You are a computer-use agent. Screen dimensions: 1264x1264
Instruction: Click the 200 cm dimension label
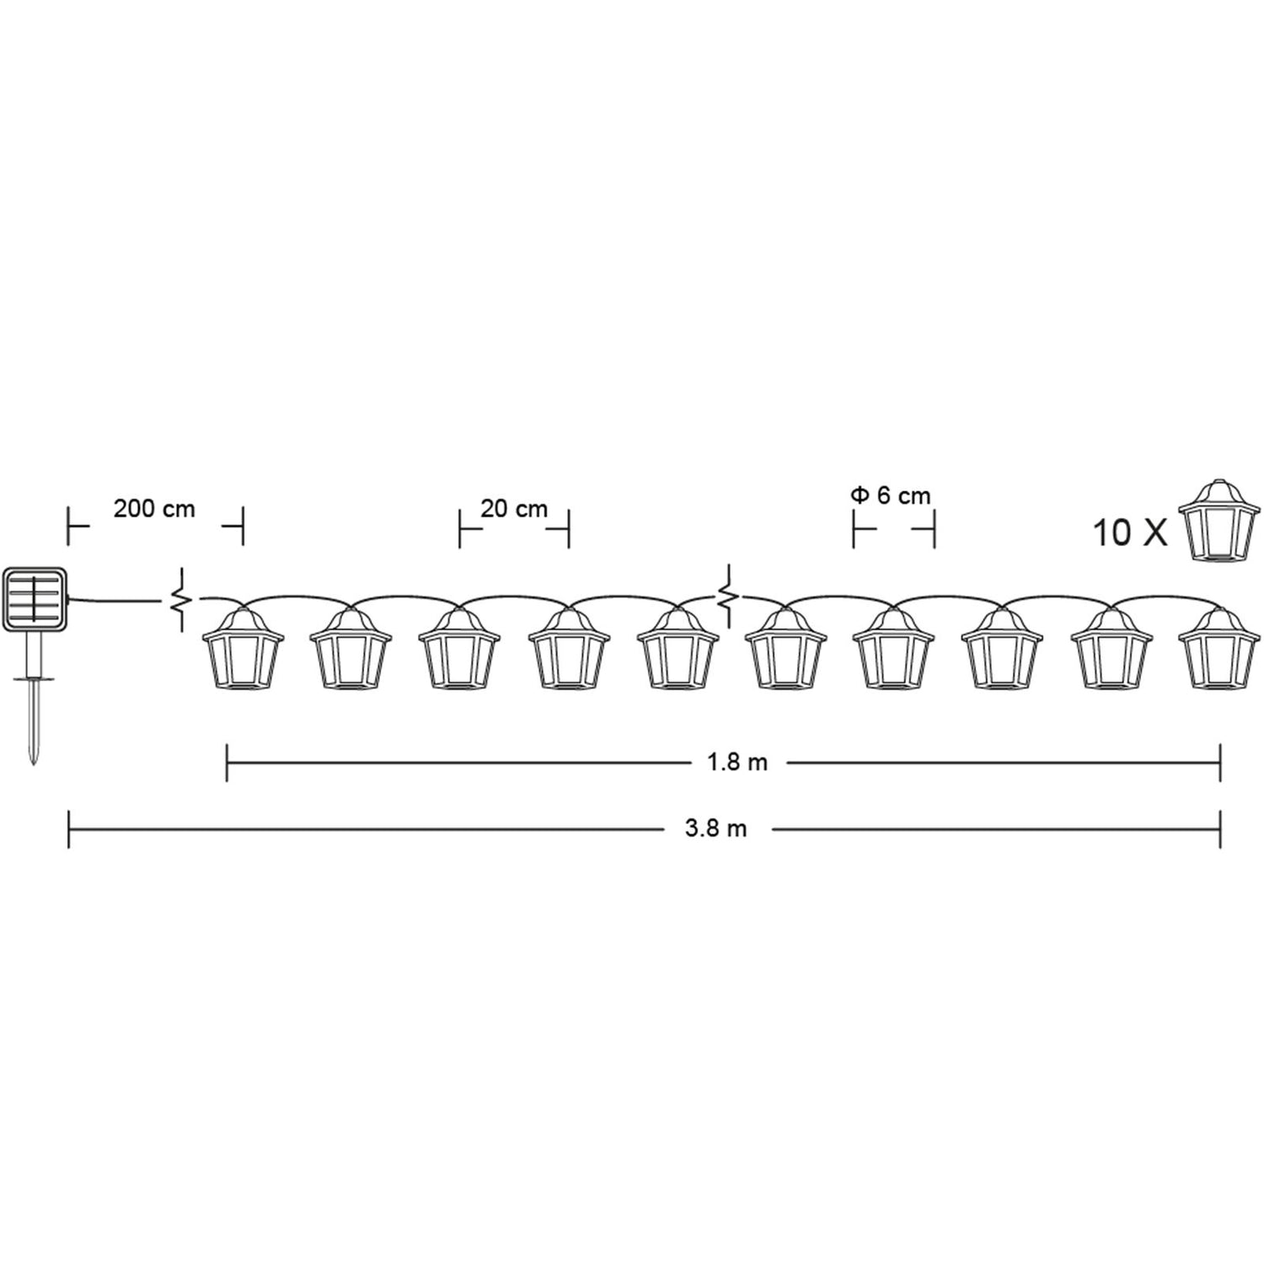click(154, 509)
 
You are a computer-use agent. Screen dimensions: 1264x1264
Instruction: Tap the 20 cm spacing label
click(514, 509)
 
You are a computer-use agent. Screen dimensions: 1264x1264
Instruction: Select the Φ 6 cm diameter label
click(892, 495)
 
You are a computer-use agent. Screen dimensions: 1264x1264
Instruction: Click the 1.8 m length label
click(737, 763)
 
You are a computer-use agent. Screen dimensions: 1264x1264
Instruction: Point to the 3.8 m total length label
click(715, 829)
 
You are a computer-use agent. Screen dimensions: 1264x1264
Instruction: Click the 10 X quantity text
click(1129, 533)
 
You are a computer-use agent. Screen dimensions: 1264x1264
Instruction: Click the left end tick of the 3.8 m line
click(68, 829)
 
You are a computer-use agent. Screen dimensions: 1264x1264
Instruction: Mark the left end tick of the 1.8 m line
click(228, 763)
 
